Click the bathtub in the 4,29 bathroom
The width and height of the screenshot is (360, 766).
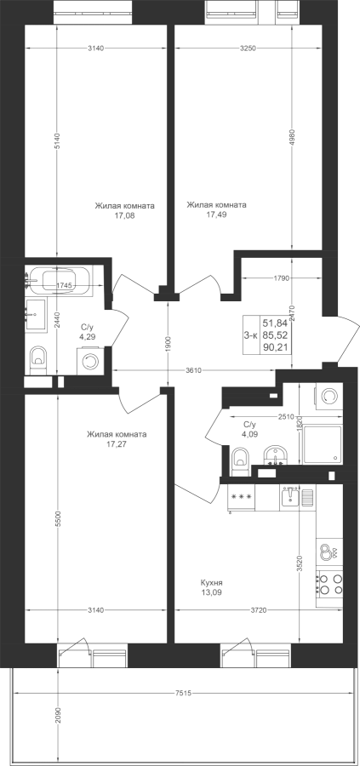(59, 281)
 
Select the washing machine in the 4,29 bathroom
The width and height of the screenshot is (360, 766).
(89, 362)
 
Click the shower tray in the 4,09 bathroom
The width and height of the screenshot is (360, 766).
(323, 444)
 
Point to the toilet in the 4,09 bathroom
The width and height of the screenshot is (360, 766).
(240, 460)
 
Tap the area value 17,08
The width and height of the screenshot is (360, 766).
(123, 215)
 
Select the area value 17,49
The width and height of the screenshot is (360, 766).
(216, 214)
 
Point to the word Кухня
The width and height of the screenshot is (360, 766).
(212, 583)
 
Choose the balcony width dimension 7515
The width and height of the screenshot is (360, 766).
(183, 693)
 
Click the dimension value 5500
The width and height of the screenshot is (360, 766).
(58, 517)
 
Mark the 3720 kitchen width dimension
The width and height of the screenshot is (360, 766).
(259, 609)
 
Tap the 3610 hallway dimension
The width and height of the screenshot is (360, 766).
(194, 370)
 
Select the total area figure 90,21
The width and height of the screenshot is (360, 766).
(275, 346)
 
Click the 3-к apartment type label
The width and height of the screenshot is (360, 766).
(250, 334)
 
